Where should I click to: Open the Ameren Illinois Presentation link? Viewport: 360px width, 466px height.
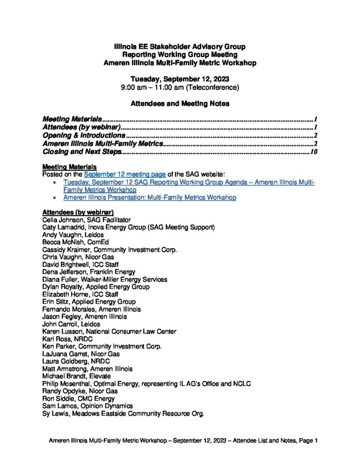click(x=150, y=198)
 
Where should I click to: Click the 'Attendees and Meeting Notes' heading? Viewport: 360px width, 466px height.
click(x=180, y=104)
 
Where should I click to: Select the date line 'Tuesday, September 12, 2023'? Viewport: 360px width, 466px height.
click(x=180, y=79)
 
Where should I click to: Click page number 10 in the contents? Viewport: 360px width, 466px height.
click(x=314, y=152)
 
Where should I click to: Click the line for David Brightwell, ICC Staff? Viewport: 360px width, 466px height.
click(x=79, y=264)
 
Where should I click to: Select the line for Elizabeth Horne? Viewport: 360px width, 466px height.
click(x=76, y=294)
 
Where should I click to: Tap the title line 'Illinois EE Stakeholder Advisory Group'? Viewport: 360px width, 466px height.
click(x=180, y=47)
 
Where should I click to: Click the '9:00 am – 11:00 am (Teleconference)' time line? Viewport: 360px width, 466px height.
click(x=180, y=87)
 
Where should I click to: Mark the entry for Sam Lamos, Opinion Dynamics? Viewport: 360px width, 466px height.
click(x=87, y=406)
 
